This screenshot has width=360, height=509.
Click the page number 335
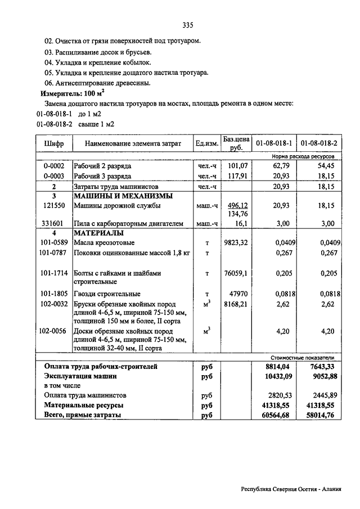188,25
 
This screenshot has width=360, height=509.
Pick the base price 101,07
237,166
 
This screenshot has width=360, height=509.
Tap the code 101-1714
54,273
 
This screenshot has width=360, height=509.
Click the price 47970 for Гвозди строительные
237,294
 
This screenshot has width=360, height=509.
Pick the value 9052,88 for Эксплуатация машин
321,376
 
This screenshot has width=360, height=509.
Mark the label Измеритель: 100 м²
70,93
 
